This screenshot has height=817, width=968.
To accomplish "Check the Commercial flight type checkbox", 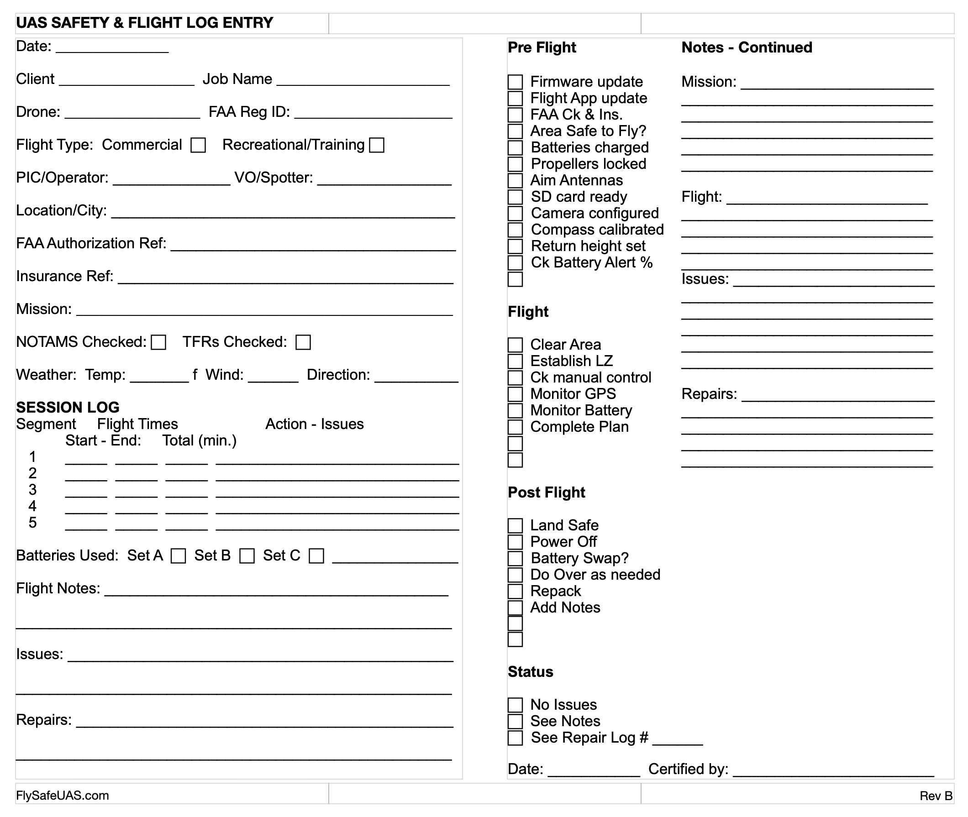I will [x=198, y=145].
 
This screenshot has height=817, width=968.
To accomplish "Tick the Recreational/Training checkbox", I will [x=376, y=145].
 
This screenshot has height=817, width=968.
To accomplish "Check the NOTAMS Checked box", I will [x=158, y=342].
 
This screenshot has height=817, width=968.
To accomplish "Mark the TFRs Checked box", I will [x=303, y=342].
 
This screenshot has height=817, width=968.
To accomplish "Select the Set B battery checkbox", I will [x=247, y=556].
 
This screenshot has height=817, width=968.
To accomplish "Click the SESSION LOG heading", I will [x=68, y=407].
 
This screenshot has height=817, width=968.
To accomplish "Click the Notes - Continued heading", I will [x=747, y=47].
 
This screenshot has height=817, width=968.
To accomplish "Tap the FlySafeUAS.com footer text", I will [x=63, y=795].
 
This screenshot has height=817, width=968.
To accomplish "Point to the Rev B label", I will [x=936, y=796].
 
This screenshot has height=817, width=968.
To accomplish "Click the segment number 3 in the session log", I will [x=32, y=490].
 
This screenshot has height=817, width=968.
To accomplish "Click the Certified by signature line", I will [x=833, y=771].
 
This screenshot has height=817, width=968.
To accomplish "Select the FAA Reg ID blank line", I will [x=373, y=114].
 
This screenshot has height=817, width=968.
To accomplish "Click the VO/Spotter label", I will [x=274, y=178].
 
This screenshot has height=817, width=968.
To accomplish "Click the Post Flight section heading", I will [x=546, y=492].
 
